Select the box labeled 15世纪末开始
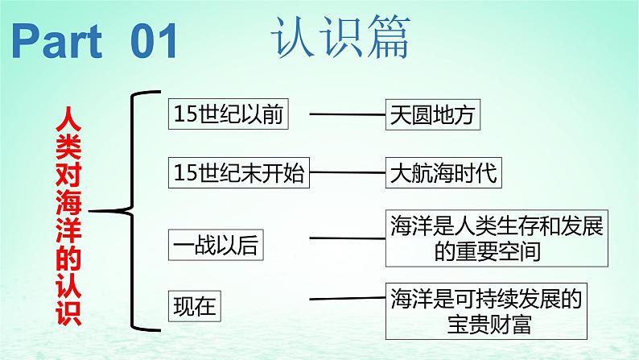[240, 172]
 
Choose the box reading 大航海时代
[443, 172]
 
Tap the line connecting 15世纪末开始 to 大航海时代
[348, 172]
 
